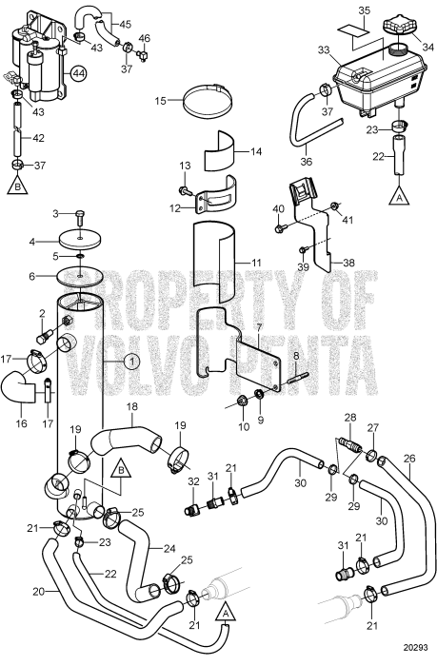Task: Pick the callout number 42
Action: (x=38, y=136)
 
